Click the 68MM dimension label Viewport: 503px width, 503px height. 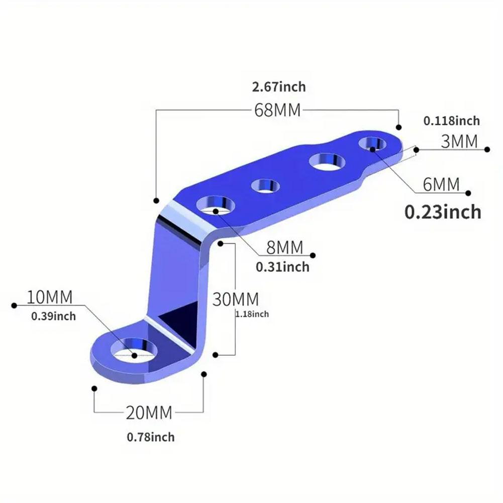[x=277, y=110]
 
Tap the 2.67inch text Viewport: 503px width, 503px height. [x=279, y=87]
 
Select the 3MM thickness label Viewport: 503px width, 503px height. [x=459, y=142]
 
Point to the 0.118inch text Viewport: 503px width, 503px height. [x=451, y=121]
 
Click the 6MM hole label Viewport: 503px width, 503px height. [x=441, y=184]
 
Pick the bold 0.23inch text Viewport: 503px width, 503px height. [x=443, y=212]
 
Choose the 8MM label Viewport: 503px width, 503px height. [x=284, y=247]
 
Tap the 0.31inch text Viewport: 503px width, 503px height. [x=282, y=267]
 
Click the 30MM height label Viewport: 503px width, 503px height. [x=235, y=300]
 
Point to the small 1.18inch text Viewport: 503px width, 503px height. [x=252, y=315]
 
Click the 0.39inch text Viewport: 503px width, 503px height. [x=53, y=316]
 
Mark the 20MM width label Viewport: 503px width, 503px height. [x=149, y=413]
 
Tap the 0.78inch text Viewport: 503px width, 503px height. [x=151, y=437]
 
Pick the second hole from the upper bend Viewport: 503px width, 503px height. [x=266, y=185]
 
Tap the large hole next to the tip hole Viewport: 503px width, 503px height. [x=327, y=162]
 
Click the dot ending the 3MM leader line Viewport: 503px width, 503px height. [x=486, y=149]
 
